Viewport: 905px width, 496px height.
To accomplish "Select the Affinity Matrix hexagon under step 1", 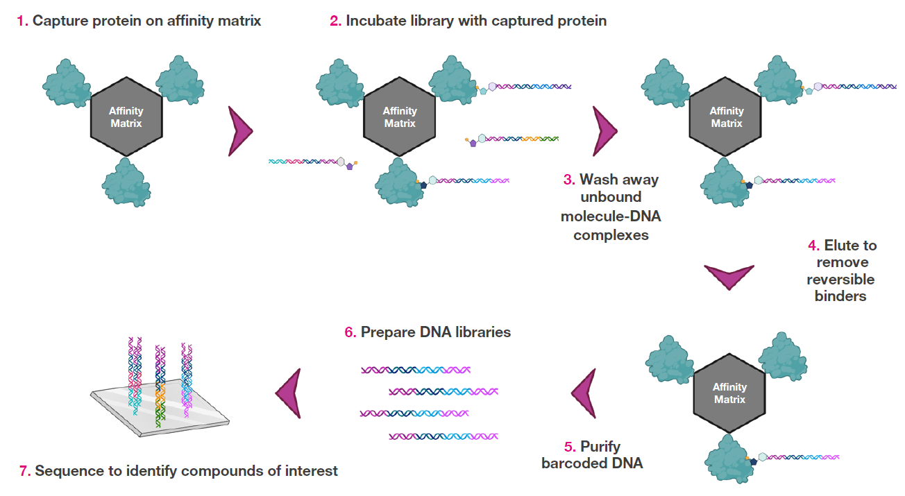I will click(126, 117).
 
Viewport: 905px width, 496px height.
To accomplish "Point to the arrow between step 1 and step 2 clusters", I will click(239, 130).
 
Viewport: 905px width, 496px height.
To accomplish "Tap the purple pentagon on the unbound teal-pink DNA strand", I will click(350, 166).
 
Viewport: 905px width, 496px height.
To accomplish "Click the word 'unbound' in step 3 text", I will click(611, 198).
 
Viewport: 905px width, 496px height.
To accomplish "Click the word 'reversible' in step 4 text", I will click(840, 280).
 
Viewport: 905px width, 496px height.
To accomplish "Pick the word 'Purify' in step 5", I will click(600, 446).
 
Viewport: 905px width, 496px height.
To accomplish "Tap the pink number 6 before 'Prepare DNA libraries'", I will click(349, 332).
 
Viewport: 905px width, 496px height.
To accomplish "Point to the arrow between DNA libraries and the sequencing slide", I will click(288, 393).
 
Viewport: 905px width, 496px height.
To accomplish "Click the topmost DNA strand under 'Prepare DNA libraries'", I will click(415, 370).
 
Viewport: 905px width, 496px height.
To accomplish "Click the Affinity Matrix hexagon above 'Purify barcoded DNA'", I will click(729, 393).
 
